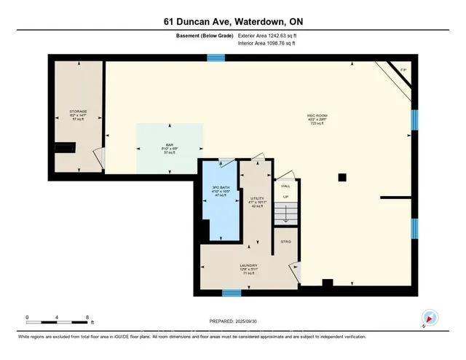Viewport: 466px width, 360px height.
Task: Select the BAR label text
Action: tap(168, 144)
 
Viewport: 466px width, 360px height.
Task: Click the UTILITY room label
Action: tap(257, 197)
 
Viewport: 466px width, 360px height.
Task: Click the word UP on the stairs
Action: tap(285, 197)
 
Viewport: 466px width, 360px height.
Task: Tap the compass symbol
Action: tap(429, 317)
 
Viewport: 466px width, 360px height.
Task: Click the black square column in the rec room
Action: tap(341, 177)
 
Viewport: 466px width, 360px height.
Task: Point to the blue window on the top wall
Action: tap(216, 58)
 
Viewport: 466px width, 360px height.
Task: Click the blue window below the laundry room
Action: tap(231, 293)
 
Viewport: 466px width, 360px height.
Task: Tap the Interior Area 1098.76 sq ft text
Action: tap(274, 44)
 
